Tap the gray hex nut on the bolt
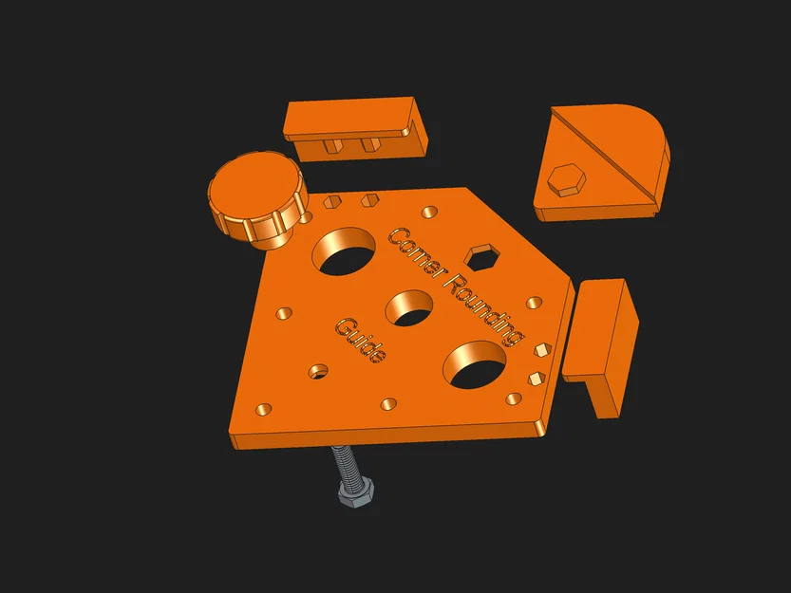pyautogui.click(x=356, y=492)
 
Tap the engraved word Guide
pyautogui.click(x=361, y=340)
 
